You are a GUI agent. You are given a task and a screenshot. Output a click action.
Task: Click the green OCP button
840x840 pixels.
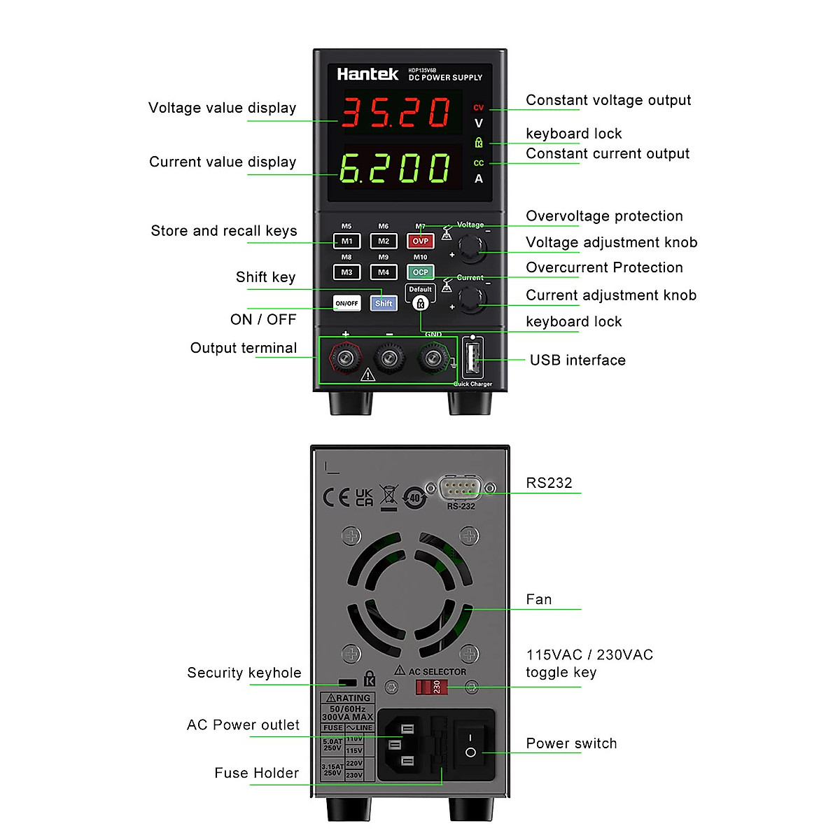(x=420, y=272)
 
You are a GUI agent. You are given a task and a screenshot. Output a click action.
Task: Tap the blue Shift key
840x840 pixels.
(x=383, y=303)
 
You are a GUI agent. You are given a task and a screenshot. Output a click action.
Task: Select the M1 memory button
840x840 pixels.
(x=346, y=241)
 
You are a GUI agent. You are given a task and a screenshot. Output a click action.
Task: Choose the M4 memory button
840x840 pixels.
(x=383, y=272)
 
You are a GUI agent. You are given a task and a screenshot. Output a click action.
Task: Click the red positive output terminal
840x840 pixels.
(x=345, y=359)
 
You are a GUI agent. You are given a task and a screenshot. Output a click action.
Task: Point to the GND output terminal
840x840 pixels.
(x=433, y=359)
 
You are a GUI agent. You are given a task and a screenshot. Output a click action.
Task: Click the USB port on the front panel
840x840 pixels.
(x=472, y=359)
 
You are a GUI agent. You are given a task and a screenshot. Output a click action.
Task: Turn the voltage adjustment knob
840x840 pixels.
(x=472, y=248)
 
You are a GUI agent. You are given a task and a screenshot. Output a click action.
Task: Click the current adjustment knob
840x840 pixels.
(x=472, y=299)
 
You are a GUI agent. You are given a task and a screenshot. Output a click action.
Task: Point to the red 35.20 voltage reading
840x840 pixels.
(x=396, y=112)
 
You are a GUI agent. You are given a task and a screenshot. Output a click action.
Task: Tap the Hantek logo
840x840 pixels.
(x=367, y=74)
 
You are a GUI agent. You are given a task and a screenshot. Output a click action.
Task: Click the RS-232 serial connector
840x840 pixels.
(x=461, y=488)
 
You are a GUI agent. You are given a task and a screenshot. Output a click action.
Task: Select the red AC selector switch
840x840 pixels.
(x=431, y=687)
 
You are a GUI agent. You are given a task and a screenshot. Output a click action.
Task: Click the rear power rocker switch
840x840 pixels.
(x=471, y=744)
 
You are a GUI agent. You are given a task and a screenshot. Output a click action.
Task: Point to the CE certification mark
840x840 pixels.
(x=336, y=498)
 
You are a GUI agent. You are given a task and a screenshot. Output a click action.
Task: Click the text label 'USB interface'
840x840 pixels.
(x=577, y=360)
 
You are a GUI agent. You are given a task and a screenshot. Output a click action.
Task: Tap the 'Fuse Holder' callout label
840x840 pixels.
(x=256, y=773)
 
